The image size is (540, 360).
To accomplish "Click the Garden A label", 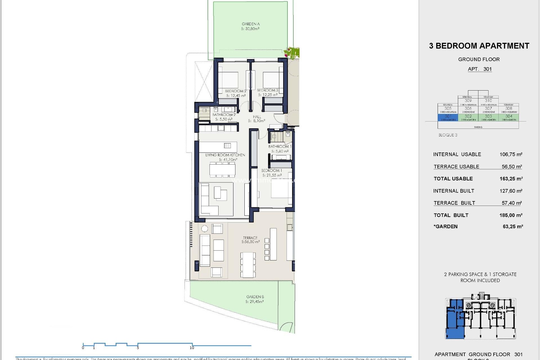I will (x=251, y=24).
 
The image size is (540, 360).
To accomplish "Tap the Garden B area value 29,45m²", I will (x=255, y=301).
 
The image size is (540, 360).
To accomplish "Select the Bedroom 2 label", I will (x=235, y=91).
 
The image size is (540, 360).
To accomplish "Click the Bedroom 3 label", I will (x=267, y=90).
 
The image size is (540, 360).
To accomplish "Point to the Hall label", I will (x=257, y=117).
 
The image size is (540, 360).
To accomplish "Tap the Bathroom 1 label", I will (x=280, y=146).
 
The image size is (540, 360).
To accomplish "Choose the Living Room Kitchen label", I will (x=225, y=155).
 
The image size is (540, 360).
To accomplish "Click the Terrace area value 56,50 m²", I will (x=251, y=242).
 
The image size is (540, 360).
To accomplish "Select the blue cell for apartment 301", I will (x=448, y=117).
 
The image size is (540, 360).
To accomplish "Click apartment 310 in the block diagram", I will (x=488, y=100).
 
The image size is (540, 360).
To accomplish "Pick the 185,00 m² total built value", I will (x=511, y=215).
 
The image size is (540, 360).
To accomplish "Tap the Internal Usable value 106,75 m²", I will (x=511, y=154).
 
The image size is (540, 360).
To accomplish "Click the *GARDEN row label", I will (x=445, y=226).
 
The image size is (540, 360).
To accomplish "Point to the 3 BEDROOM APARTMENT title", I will (x=479, y=46).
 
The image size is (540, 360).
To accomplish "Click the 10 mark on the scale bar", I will (x=192, y=348).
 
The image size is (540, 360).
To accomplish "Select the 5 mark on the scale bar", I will (x=138, y=348).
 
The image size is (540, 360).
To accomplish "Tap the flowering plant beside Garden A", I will (x=292, y=53).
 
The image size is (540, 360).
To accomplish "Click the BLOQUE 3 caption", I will (x=448, y=135).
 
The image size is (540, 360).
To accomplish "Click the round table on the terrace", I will (x=204, y=229).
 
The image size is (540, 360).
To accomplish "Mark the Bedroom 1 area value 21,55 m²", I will (x=272, y=175).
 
